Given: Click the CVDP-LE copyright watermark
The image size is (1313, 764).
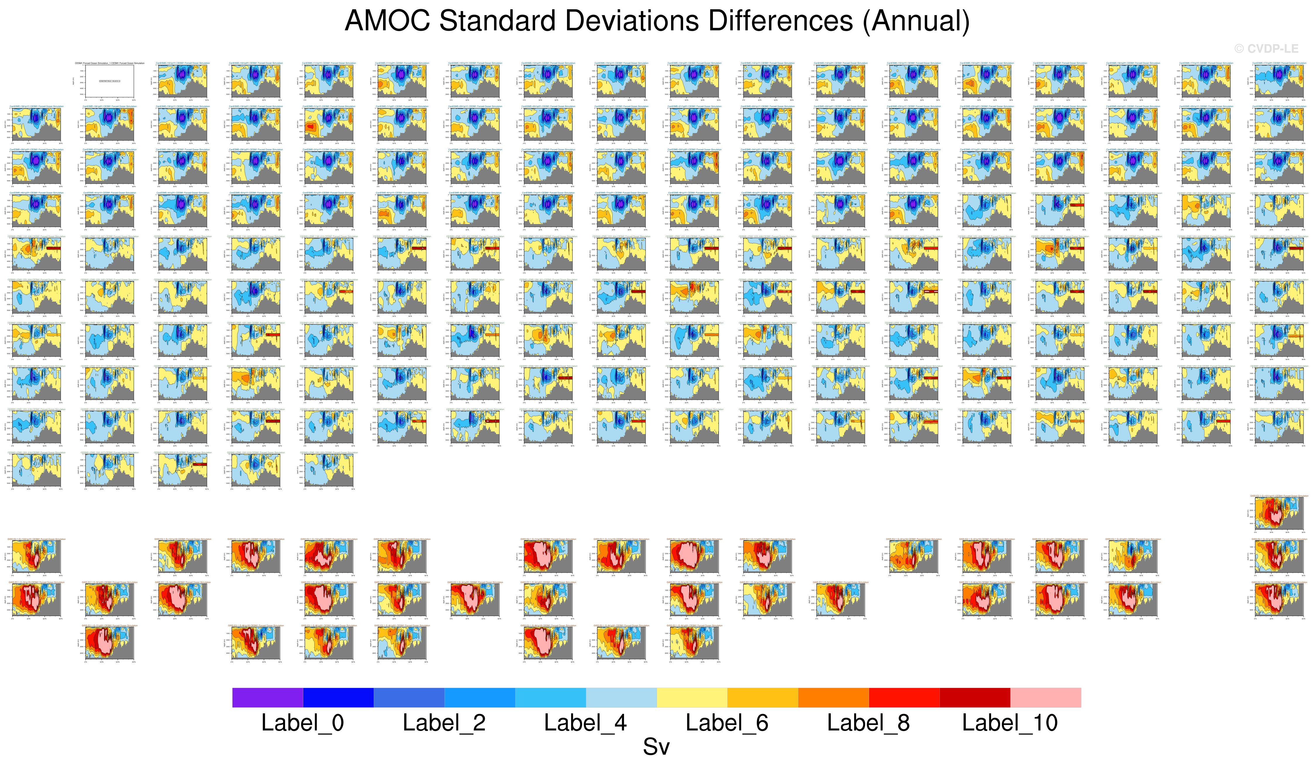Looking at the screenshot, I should point(1266,49).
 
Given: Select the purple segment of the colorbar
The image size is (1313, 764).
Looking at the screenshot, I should point(267,697).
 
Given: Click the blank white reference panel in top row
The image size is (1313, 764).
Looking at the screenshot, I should point(109,81).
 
